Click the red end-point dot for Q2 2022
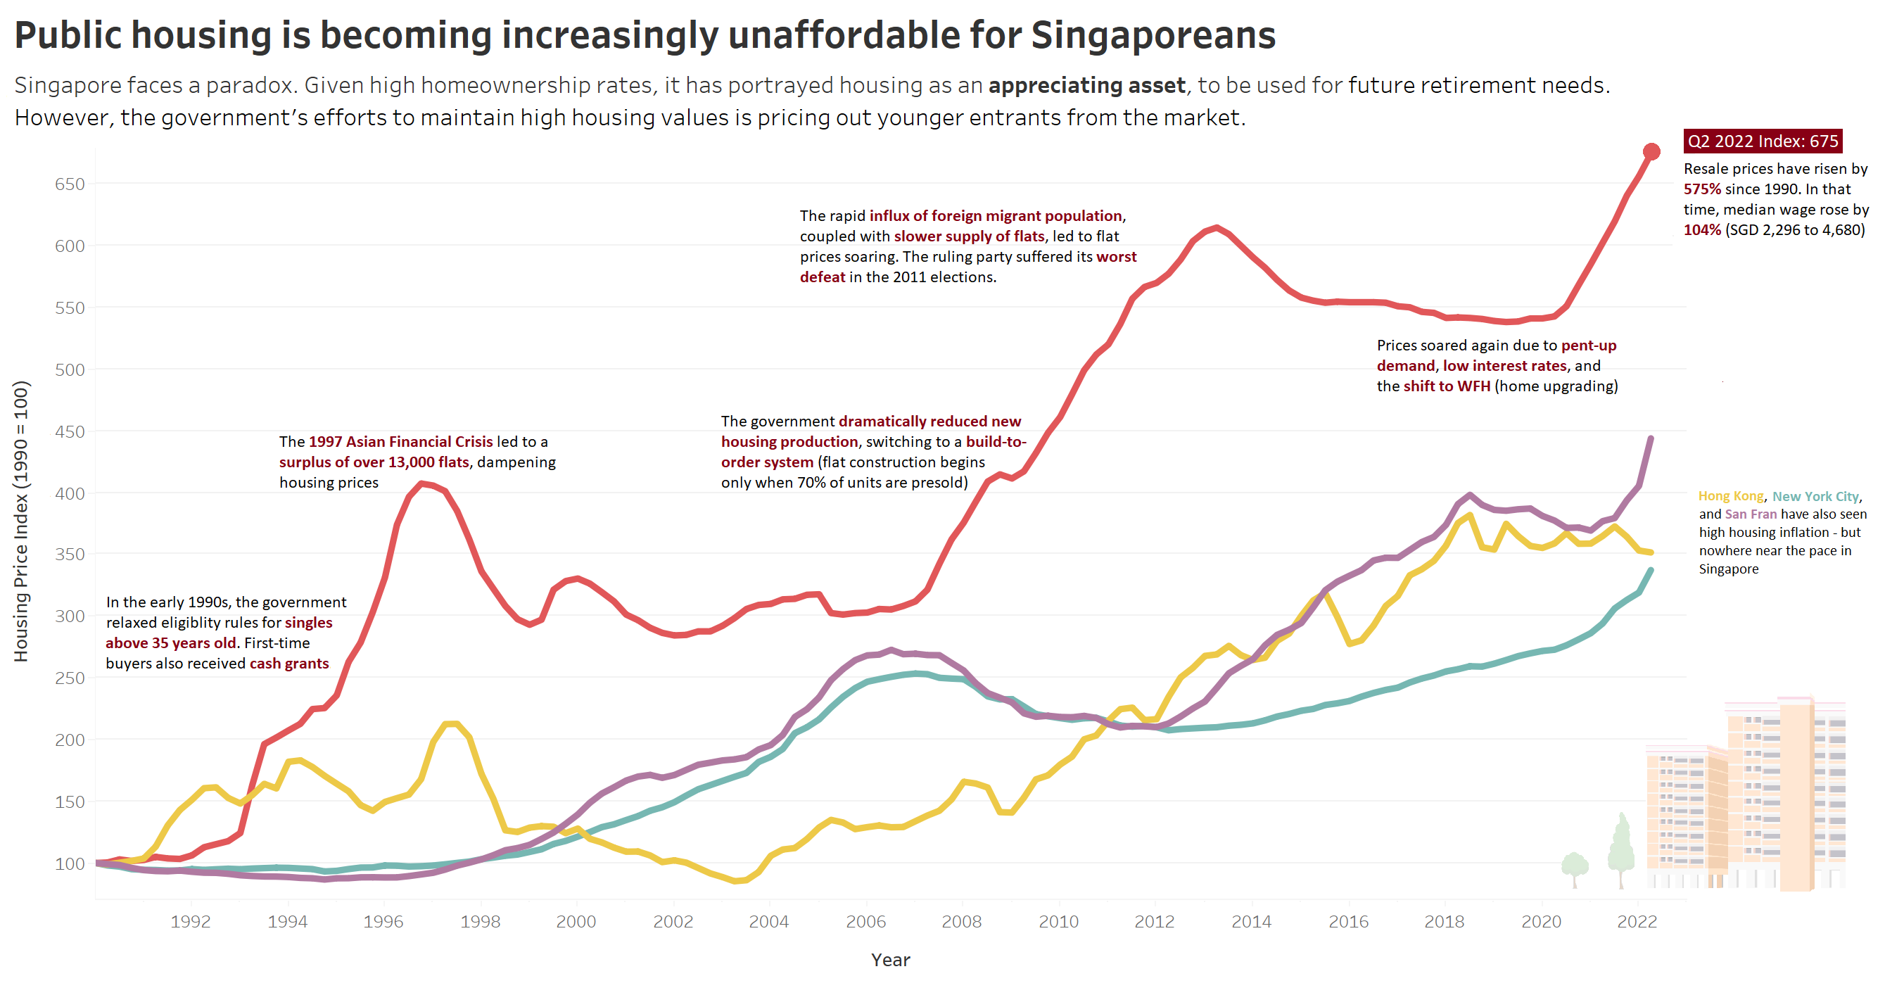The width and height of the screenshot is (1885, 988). pyautogui.click(x=1651, y=151)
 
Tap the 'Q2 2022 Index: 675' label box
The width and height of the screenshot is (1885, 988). pyautogui.click(x=1762, y=141)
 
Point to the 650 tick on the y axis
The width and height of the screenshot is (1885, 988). pyautogui.click(x=70, y=184)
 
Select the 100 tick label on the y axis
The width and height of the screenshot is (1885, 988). pyautogui.click(x=70, y=863)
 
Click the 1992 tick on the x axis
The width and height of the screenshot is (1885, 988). pyautogui.click(x=191, y=921)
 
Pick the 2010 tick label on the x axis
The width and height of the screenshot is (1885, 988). pyautogui.click(x=1058, y=921)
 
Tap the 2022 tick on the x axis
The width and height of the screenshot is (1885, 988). pyautogui.click(x=1637, y=921)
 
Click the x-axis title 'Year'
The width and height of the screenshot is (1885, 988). pyautogui.click(x=890, y=960)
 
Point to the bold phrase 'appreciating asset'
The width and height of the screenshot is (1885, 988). pyautogui.click(x=1086, y=86)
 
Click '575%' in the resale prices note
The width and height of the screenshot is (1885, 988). pyautogui.click(x=1702, y=189)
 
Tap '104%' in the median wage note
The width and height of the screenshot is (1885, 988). pyautogui.click(x=1702, y=230)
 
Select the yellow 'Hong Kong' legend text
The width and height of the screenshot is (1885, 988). pyautogui.click(x=1731, y=496)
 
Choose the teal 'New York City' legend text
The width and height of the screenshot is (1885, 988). pyautogui.click(x=1815, y=496)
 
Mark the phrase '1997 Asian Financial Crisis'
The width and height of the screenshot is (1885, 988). pyautogui.click(x=400, y=442)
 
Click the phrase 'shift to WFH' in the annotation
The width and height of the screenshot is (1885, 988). pyautogui.click(x=1447, y=386)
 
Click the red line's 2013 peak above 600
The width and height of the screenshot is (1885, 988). pyautogui.click(x=1216, y=227)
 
